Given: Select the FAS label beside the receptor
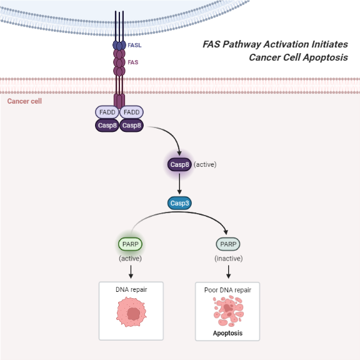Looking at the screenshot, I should [x=133, y=62].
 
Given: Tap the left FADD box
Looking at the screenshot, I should [x=107, y=112].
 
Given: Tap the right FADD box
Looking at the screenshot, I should [x=131, y=112].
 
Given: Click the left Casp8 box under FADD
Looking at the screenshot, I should [x=107, y=126].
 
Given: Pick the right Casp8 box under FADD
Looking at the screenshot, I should [x=131, y=126].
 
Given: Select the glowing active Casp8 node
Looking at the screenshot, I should [x=179, y=164].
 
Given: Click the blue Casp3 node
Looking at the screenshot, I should [x=179, y=203].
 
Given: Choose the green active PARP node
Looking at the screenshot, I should [x=131, y=243].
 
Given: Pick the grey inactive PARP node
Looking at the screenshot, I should [x=228, y=243].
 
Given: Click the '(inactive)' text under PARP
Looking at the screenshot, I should [x=228, y=258].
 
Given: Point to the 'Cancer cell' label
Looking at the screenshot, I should [x=24, y=101].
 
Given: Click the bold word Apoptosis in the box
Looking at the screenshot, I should [x=227, y=333].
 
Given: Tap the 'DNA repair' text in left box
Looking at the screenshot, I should [x=131, y=290].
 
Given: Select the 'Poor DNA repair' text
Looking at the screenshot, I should [x=227, y=290].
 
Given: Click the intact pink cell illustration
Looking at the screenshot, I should [x=131, y=312].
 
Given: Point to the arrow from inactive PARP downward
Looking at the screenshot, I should [x=228, y=271].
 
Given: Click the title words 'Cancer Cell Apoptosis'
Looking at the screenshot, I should [x=297, y=57].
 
